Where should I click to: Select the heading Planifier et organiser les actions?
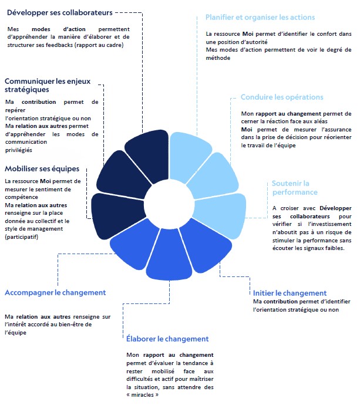[x=260, y=18]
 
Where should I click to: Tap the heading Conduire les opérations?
[x=282, y=97]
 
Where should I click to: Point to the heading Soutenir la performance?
[x=294, y=188]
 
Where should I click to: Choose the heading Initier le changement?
[x=290, y=293]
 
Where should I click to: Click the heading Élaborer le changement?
[x=167, y=339]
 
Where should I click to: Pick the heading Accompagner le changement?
[x=55, y=292]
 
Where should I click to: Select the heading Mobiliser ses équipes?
[x=42, y=169]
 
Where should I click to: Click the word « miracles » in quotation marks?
[x=142, y=395]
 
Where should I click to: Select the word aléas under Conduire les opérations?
[x=312, y=121]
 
